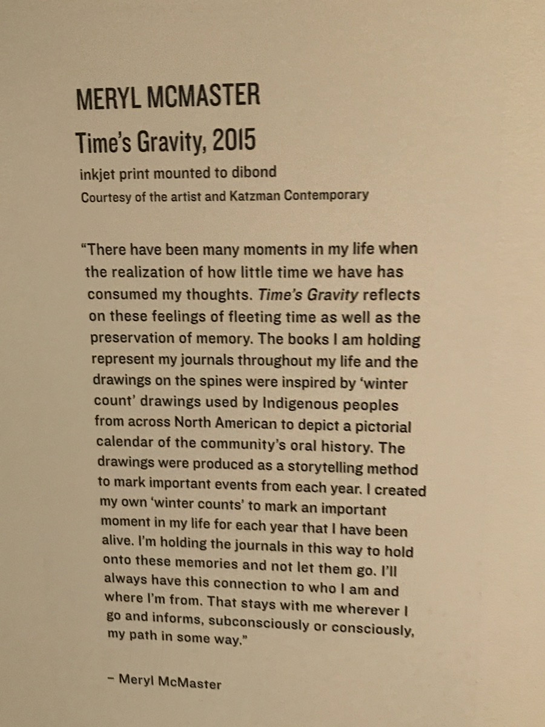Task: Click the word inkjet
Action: [97, 174]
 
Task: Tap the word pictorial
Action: [380, 426]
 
